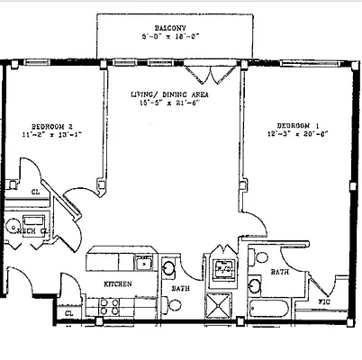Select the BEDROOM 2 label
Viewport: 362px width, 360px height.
coord(52,125)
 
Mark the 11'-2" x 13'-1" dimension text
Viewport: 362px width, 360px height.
coord(52,134)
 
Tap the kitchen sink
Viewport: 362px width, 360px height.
coord(142,264)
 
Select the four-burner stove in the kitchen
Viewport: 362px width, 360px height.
coord(110,307)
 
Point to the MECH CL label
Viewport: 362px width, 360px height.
coord(25,230)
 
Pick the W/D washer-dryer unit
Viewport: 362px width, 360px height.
coord(222,268)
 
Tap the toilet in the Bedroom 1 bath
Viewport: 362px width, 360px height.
coord(261,258)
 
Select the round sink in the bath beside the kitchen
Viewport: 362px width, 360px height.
coord(168,267)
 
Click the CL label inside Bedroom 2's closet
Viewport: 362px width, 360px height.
coord(36,192)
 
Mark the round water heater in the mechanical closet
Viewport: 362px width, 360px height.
coord(14,226)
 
